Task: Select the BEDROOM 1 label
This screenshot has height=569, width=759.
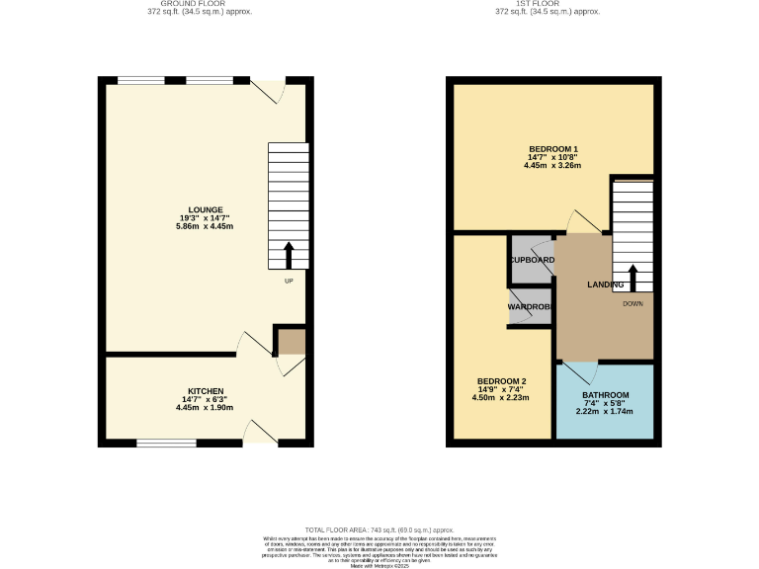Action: (x=552, y=149)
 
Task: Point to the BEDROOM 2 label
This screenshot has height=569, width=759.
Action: (x=501, y=381)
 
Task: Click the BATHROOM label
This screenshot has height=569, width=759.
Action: (x=605, y=395)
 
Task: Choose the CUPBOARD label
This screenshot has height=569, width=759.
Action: (x=532, y=260)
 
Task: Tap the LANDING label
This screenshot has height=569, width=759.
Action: (x=605, y=284)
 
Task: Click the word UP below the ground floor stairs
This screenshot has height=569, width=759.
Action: (x=289, y=282)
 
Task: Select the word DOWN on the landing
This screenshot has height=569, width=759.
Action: (x=633, y=303)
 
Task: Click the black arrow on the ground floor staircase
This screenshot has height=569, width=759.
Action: (x=289, y=255)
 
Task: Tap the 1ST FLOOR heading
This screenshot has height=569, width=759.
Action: (x=548, y=4)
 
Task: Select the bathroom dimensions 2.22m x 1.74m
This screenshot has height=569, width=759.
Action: (x=605, y=411)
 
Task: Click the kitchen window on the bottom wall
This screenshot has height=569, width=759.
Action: (x=166, y=444)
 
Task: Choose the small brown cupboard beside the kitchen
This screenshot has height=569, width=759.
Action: (x=291, y=342)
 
